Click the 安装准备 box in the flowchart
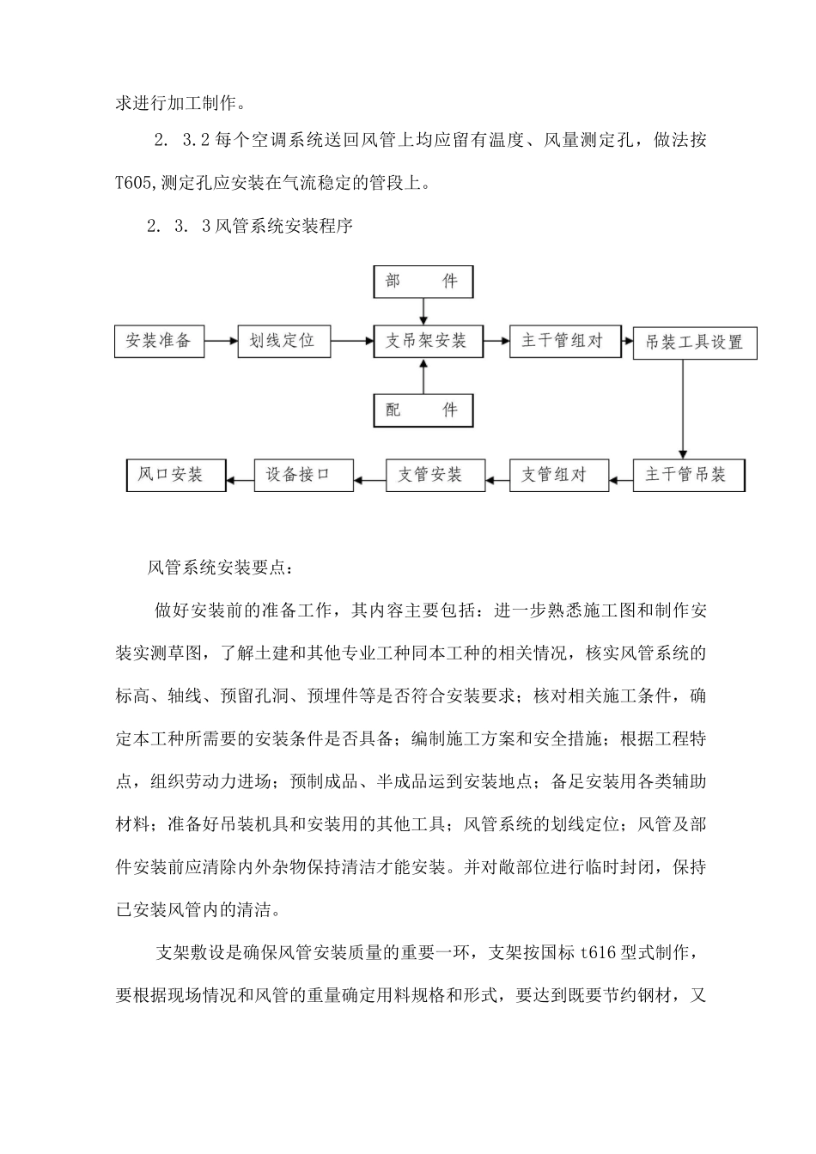coord(159,341)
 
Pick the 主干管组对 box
coord(563,341)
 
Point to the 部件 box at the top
coord(423,282)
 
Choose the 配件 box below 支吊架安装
coord(423,410)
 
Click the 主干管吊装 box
coord(689,474)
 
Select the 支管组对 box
coord(559,474)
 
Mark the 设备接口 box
coord(303,474)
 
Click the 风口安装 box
coord(176,474)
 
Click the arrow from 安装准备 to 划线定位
coord(221,341)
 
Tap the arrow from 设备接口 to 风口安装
coord(241,474)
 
